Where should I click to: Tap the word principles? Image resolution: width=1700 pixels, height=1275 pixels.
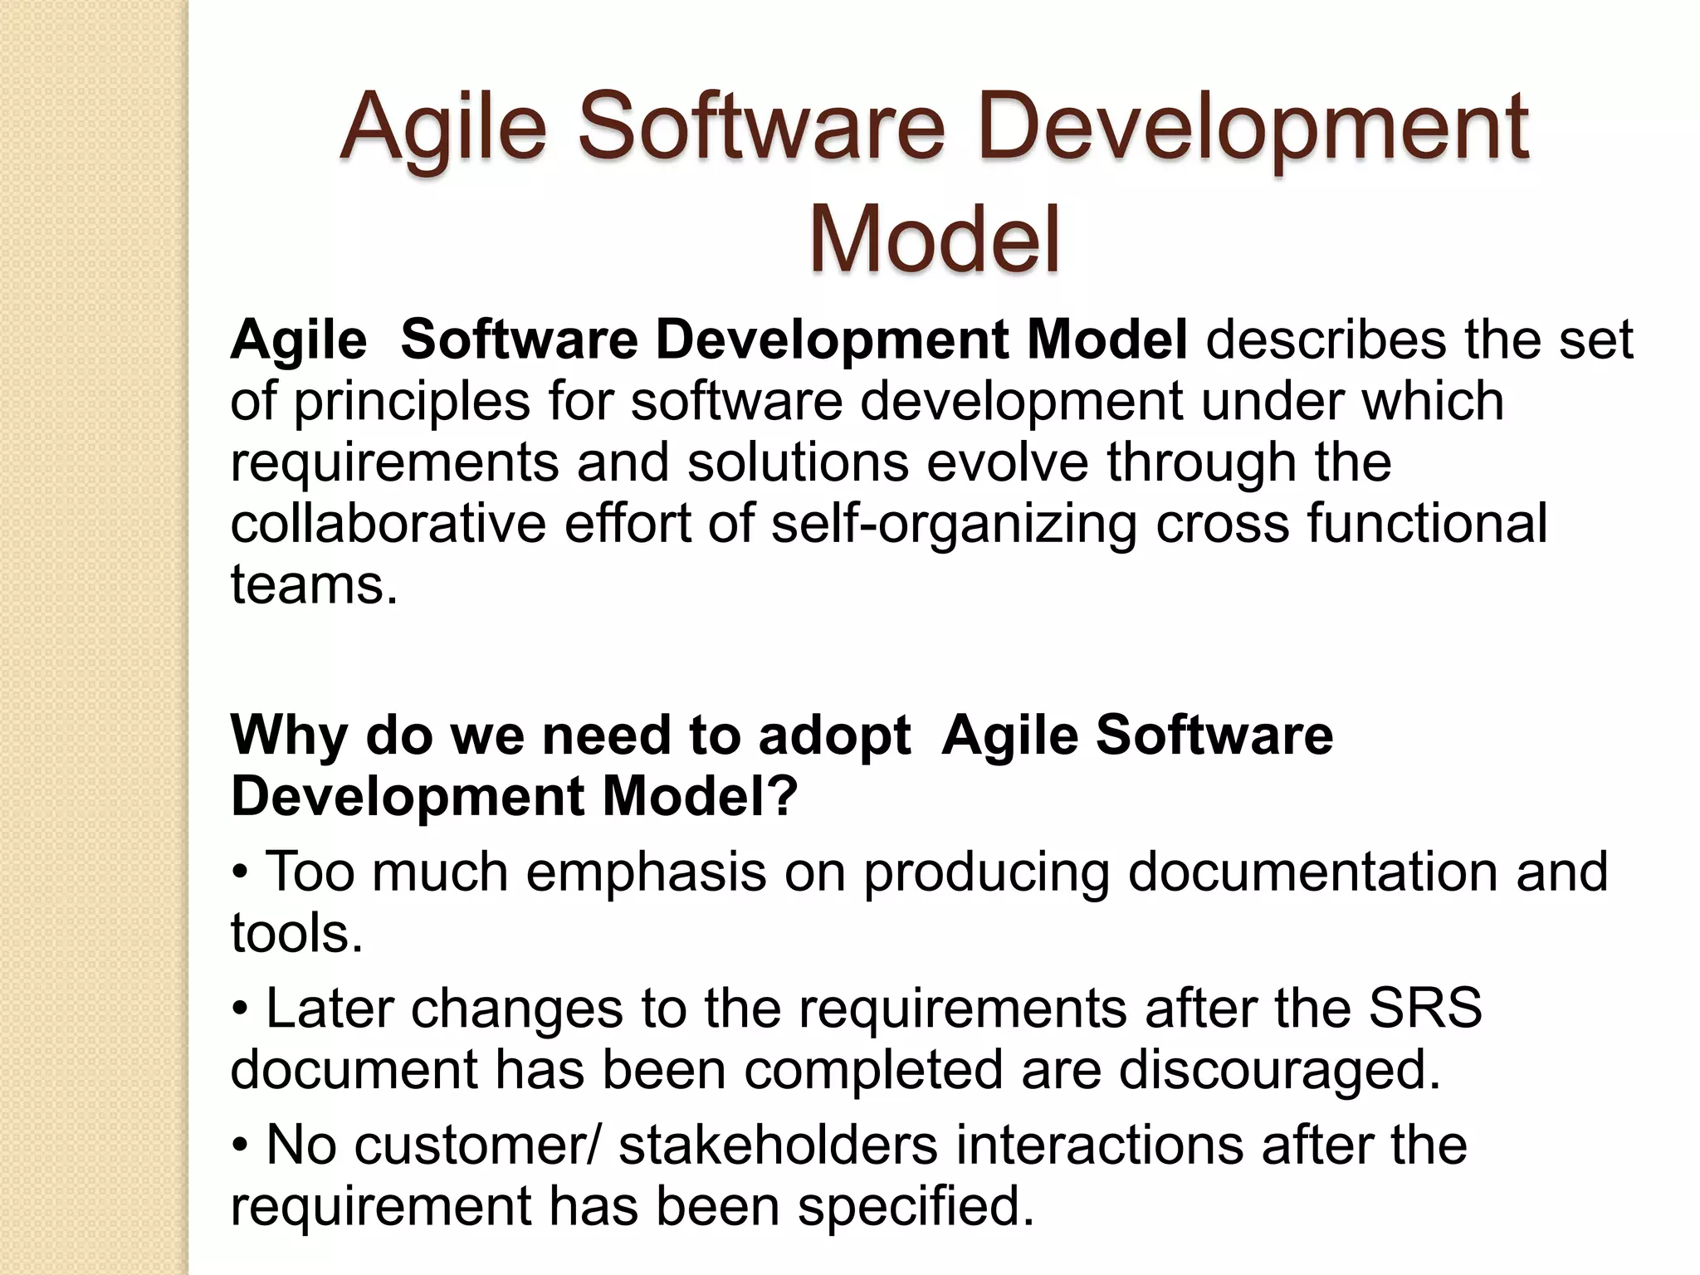[x=411, y=402]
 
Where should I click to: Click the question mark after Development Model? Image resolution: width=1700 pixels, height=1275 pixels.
[x=784, y=797]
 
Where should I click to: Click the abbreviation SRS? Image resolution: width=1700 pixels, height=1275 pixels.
[x=1424, y=1009]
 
